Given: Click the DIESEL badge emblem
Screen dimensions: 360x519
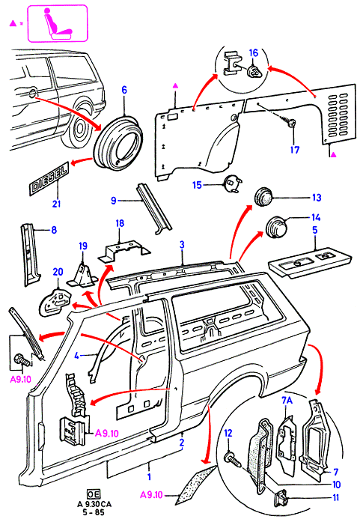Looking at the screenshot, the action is pyautogui.click(x=49, y=177).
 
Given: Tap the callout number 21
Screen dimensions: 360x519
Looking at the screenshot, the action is pyautogui.click(x=57, y=203).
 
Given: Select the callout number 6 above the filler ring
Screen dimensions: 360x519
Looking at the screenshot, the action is pyautogui.click(x=124, y=90).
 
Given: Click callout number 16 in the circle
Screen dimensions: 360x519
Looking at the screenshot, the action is pyautogui.click(x=254, y=53).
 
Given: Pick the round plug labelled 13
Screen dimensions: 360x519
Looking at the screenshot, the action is pyautogui.click(x=263, y=196).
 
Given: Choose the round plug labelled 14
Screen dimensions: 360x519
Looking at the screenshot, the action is pyautogui.click(x=275, y=227).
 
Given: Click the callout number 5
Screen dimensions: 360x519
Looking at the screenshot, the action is pyautogui.click(x=314, y=230).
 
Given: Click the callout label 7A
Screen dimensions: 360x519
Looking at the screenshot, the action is pyautogui.click(x=287, y=401).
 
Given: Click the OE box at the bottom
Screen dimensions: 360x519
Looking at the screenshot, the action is pyautogui.click(x=93, y=494).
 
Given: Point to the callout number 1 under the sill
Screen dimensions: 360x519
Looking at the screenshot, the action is pyautogui.click(x=149, y=476).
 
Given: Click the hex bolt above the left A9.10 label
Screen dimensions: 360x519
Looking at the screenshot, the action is pyautogui.click(x=22, y=359).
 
